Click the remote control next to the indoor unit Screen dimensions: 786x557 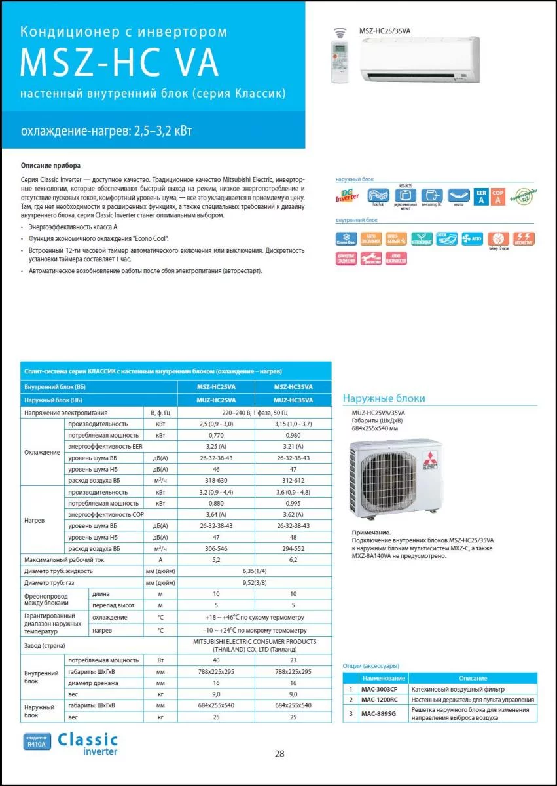coord(340,63)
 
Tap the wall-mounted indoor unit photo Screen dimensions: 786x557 coord(420,59)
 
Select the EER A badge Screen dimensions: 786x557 coord(481,196)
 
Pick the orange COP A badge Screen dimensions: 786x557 coord(498,196)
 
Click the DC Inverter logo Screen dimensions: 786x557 coord(347,195)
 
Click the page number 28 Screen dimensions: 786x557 coord(279,753)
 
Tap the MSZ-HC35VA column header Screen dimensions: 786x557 coord(293,387)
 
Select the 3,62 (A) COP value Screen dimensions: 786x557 coord(293,514)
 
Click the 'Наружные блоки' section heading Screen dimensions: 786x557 coord(384,398)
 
